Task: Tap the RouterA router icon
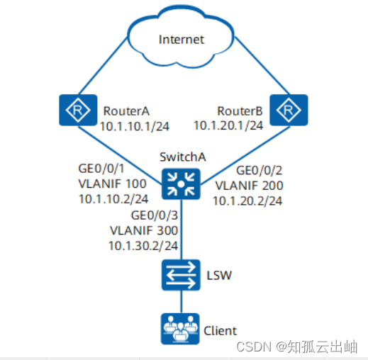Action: pos(71,111)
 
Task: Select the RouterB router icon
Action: pos(289,111)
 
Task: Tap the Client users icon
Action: pos(180,328)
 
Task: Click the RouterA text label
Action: pos(126,111)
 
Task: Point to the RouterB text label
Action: pos(239,111)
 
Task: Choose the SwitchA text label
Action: pos(181,157)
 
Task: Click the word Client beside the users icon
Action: pos(220,330)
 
